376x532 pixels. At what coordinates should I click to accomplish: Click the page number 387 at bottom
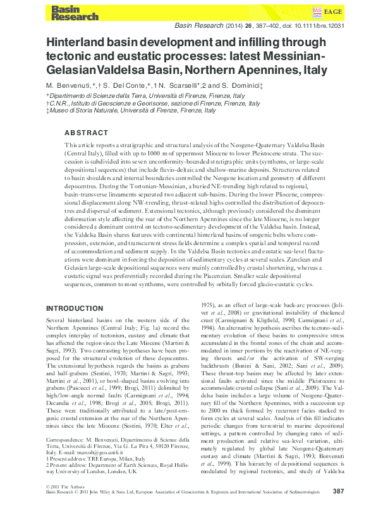coord(338,509)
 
